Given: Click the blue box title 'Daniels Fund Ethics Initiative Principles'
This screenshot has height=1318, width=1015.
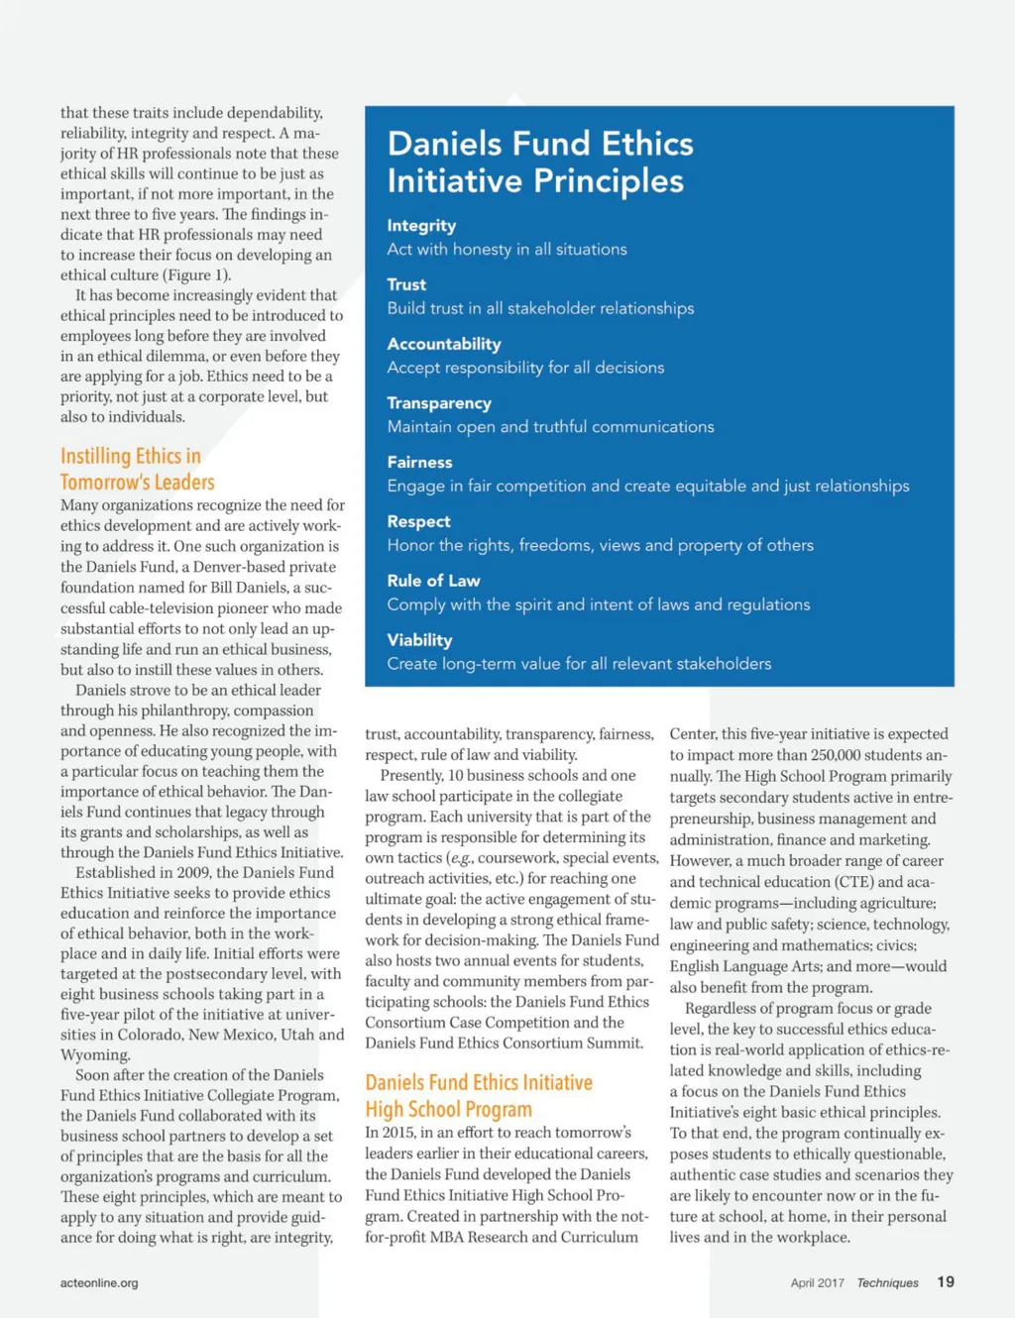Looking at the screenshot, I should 539,162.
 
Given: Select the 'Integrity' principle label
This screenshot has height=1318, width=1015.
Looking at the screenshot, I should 421,226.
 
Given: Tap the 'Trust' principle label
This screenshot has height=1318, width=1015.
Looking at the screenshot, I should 406,284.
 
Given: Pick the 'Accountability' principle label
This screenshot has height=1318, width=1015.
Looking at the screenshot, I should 443,344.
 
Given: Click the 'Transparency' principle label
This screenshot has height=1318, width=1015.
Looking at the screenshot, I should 439,403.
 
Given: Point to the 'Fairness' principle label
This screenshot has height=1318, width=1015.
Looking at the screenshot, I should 419,462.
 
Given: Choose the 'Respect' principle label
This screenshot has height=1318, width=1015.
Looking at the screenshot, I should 418,521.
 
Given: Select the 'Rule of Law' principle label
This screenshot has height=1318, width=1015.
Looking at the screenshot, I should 433,581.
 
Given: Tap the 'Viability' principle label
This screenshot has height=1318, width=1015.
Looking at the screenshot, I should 419,640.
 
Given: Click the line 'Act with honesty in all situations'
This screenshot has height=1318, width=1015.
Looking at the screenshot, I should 507,250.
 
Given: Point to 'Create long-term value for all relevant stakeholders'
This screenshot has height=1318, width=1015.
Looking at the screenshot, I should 579,664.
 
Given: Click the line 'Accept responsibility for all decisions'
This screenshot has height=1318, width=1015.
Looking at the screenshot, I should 525,368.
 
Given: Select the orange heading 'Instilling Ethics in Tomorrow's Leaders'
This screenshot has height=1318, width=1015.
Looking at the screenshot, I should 137,469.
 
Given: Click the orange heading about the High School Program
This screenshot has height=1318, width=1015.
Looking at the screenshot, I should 478,1096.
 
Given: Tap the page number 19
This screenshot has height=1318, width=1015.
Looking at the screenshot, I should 946,1281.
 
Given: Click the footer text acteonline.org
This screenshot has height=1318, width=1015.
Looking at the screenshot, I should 99,1282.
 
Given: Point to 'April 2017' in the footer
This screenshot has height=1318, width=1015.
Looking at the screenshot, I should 817,1282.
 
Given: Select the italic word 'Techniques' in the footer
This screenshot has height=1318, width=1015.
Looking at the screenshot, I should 887,1282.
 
